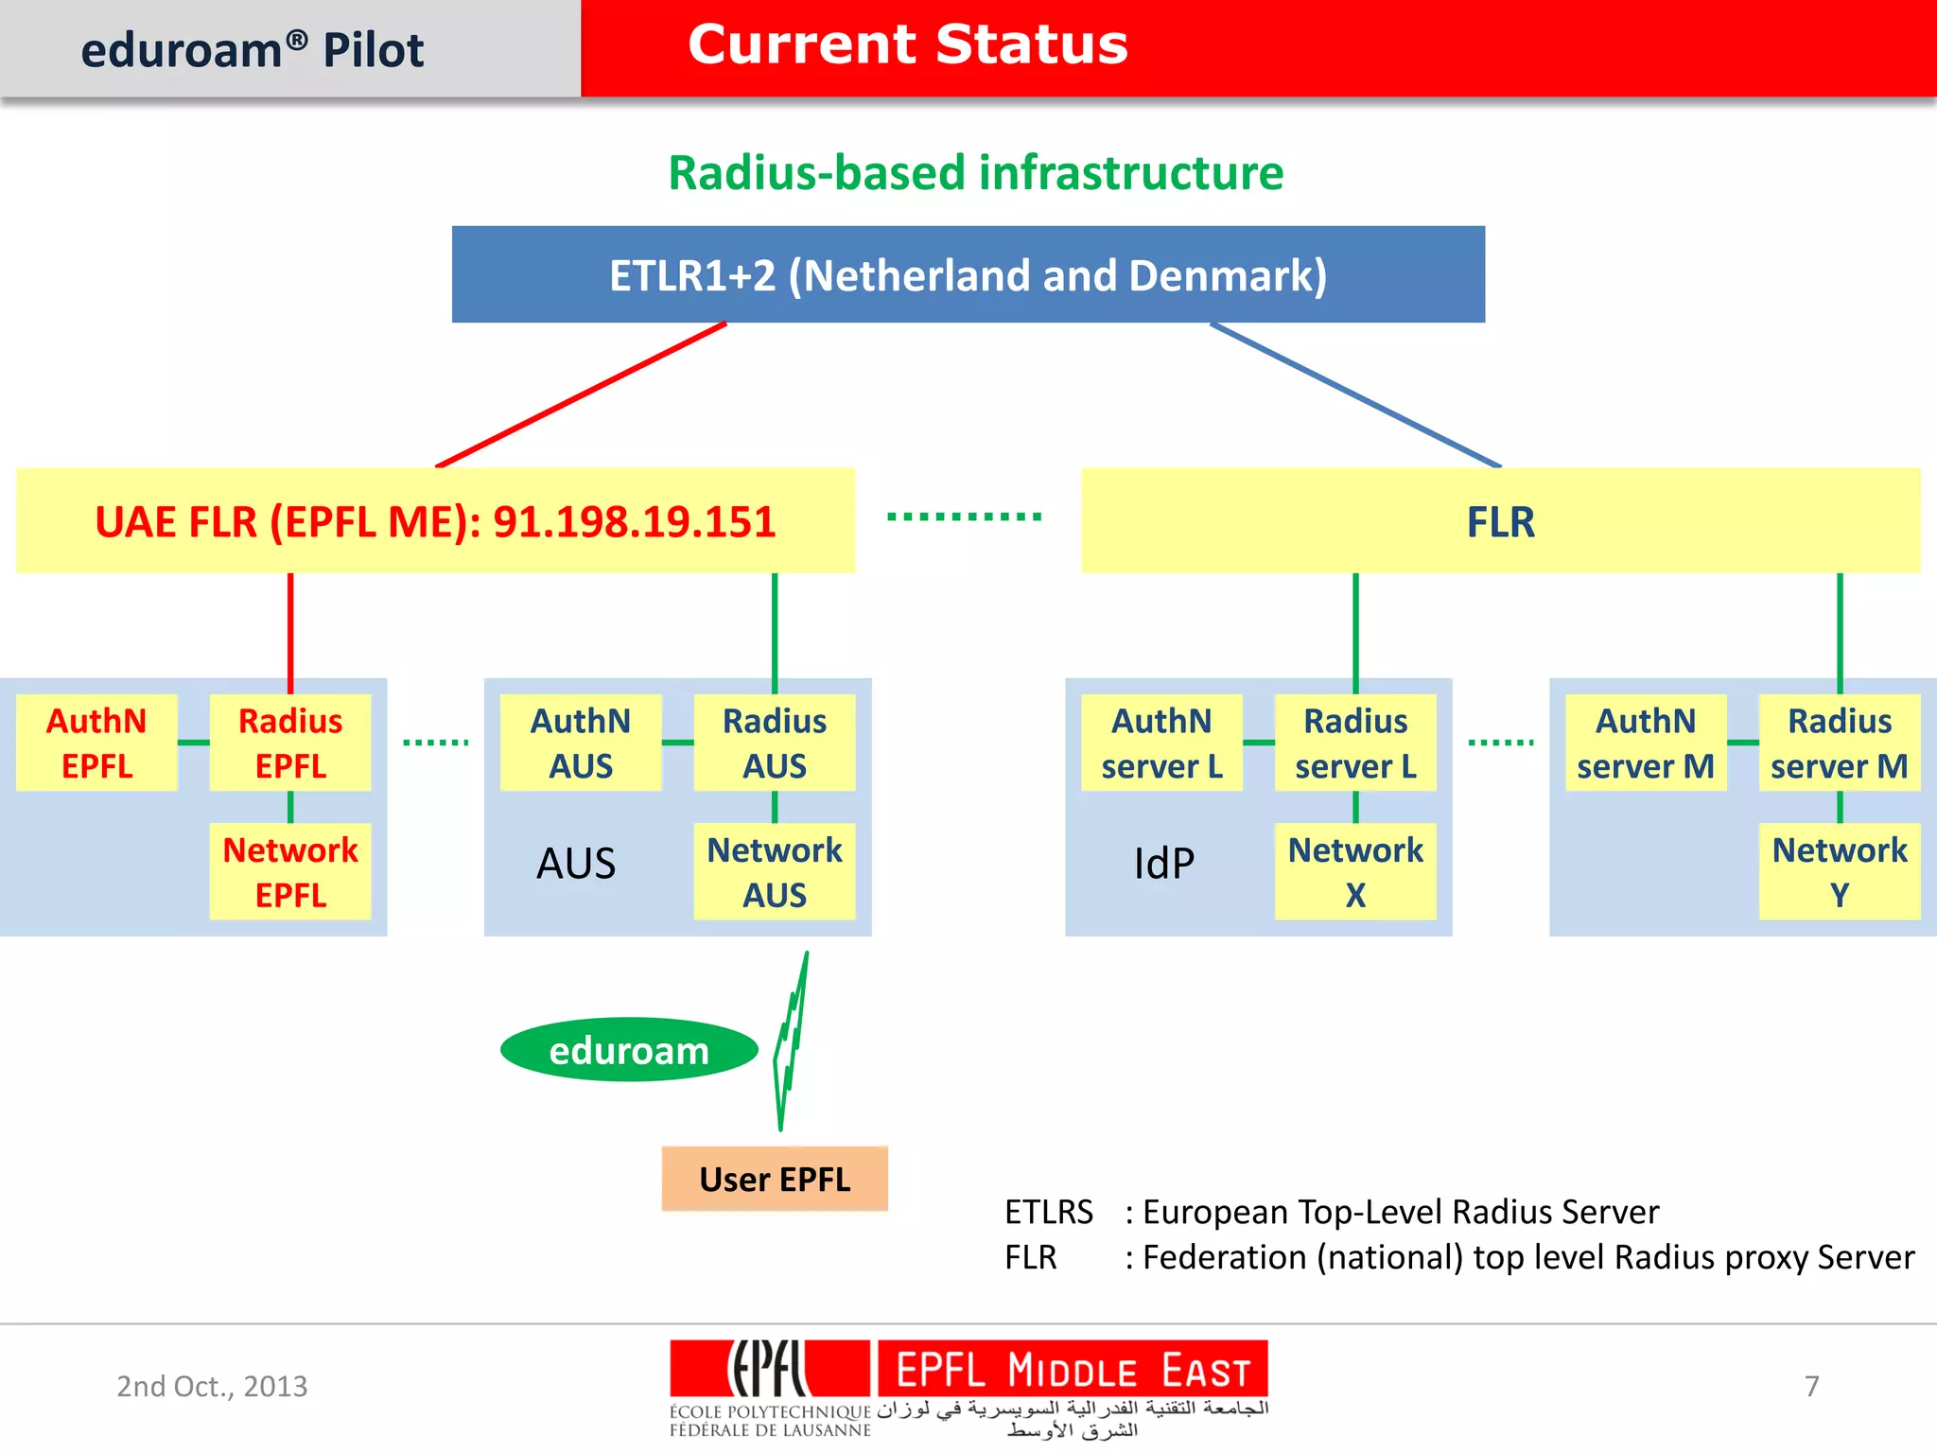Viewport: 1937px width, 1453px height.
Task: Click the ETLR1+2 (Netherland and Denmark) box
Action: tap(968, 274)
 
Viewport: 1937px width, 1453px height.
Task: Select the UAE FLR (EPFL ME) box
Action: tap(435, 520)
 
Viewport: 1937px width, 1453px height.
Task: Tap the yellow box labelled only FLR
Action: tap(1500, 520)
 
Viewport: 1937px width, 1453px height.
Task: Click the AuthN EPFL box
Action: tap(96, 743)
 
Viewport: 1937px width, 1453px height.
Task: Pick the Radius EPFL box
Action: tap(290, 743)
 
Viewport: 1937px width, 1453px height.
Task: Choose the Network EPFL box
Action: tap(290, 871)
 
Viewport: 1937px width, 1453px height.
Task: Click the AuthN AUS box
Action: tap(581, 743)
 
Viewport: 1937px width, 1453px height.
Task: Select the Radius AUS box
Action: tap(775, 743)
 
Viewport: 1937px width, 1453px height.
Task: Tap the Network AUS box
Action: tap(775, 871)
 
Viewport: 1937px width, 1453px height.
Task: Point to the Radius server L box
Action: tap(1355, 743)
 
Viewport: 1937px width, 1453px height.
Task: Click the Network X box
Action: tap(1355, 871)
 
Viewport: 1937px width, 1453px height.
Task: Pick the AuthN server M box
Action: tap(1646, 743)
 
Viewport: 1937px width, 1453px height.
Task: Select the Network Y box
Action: tap(1840, 871)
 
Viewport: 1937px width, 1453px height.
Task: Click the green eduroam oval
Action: tap(629, 1050)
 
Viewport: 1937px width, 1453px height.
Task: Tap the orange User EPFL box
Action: tap(775, 1179)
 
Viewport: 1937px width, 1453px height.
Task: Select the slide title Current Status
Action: tap(908, 44)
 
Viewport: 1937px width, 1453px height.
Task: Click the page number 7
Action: tap(1811, 1386)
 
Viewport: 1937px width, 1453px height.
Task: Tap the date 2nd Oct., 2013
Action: tap(212, 1386)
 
